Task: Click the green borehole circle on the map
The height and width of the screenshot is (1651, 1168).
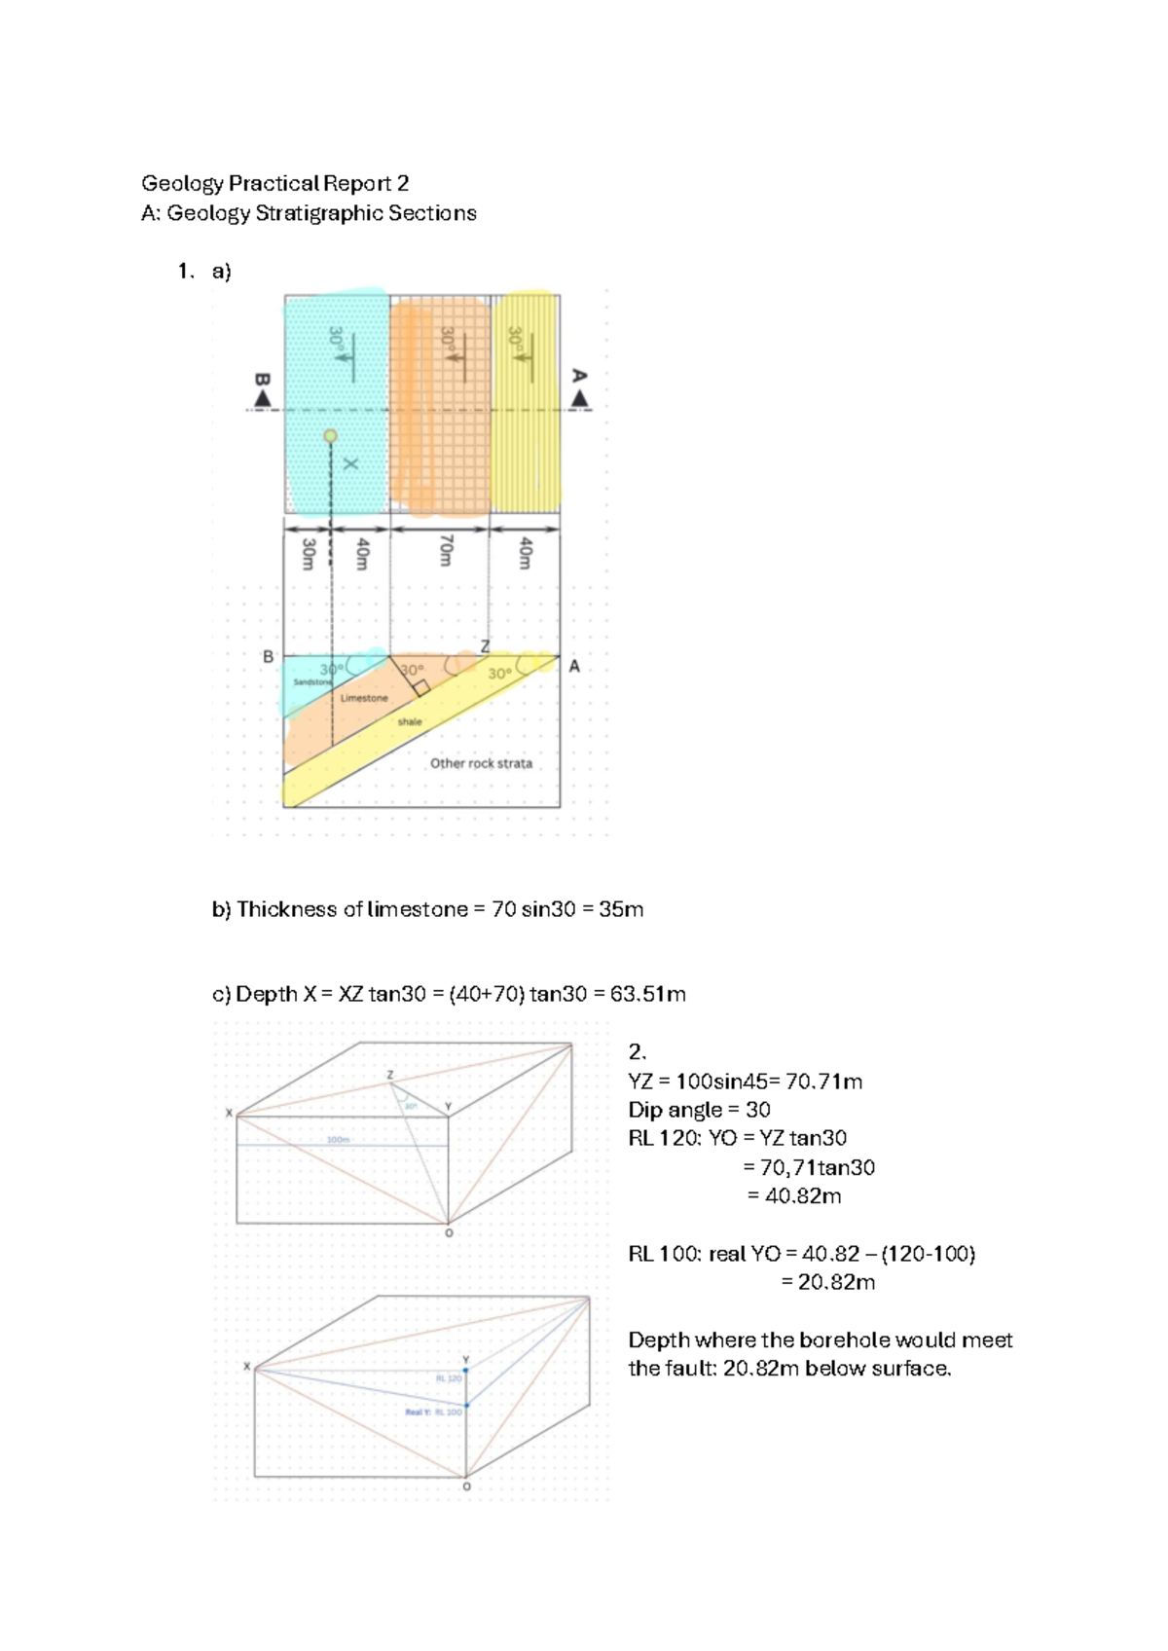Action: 331,436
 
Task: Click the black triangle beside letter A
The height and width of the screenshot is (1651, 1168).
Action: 580,398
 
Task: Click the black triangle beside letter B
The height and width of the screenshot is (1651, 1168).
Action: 262,399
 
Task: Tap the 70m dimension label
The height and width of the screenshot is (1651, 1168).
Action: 446,550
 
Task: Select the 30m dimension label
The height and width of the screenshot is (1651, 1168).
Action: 308,553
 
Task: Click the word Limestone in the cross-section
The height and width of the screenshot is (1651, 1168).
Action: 364,698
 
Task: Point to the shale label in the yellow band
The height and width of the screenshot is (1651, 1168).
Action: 410,722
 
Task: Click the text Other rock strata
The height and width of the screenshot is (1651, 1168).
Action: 481,763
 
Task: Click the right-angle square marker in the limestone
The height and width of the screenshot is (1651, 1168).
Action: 420,687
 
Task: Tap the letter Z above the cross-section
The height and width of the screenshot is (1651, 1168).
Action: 485,646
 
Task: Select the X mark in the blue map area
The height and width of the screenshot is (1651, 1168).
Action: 350,464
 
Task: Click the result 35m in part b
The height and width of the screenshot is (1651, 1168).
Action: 621,909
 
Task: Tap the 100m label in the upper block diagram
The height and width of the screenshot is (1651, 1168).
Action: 338,1139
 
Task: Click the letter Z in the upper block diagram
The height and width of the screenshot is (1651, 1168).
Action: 390,1075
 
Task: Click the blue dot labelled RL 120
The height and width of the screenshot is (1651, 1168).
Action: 466,1370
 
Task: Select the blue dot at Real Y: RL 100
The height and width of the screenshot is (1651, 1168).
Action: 466,1405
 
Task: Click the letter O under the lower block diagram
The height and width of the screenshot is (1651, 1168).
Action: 466,1487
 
